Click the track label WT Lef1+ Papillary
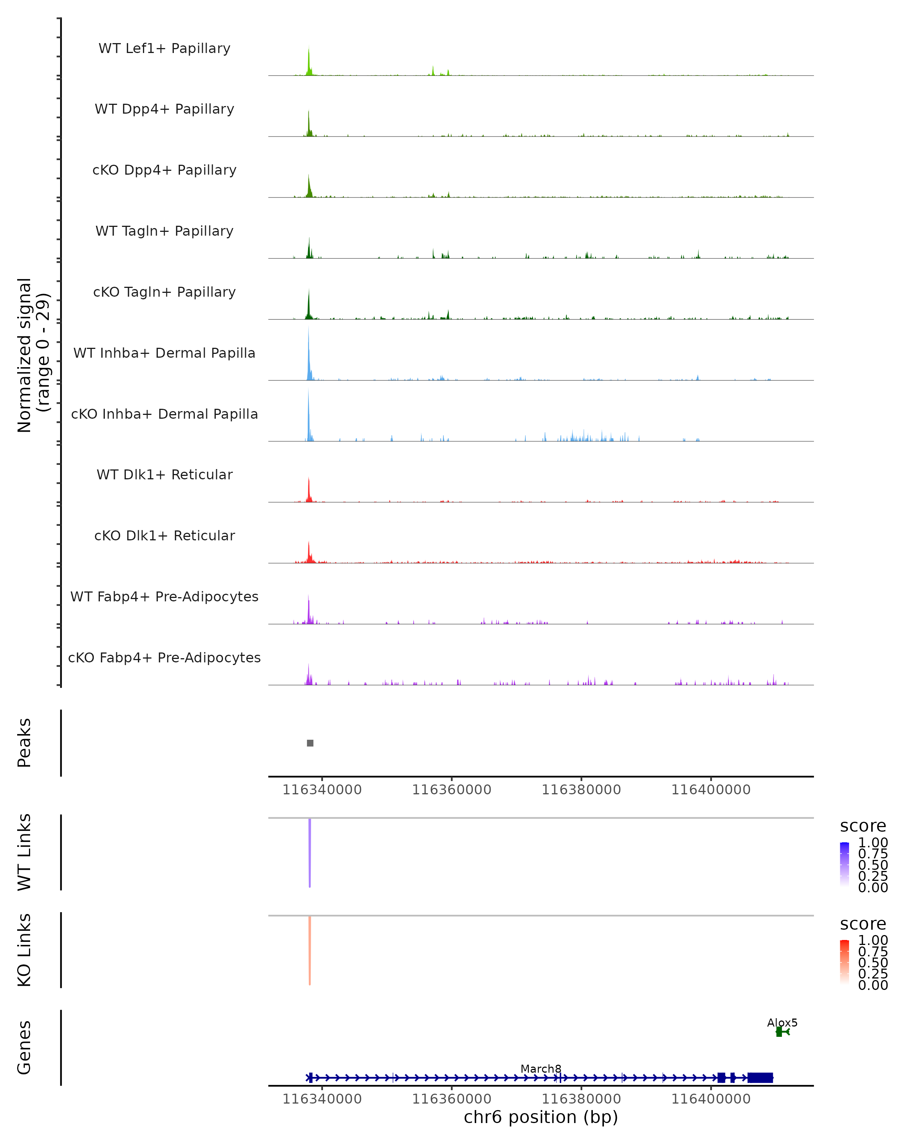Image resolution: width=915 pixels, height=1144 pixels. [164, 48]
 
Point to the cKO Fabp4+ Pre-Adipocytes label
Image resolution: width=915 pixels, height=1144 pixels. [164, 657]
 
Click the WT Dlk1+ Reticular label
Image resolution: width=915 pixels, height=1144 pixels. [164, 474]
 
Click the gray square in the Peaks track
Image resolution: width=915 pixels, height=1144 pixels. [310, 743]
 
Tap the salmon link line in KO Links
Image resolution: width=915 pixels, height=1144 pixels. [310, 950]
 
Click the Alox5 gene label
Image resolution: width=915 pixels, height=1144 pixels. [782, 1022]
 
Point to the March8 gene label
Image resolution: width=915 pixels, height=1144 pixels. [541, 1068]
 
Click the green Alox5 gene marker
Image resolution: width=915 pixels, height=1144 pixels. [780, 1032]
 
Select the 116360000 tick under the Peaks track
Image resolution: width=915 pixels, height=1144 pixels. [451, 790]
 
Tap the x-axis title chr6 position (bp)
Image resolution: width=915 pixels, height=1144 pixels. [541, 1117]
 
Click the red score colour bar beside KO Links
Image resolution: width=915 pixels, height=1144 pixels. [844, 962]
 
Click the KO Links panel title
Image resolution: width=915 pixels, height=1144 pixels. [24, 950]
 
